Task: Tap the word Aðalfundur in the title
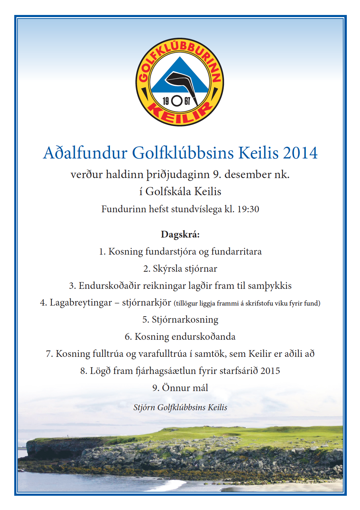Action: tap(85, 153)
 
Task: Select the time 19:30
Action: tap(248, 209)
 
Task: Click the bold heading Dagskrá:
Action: tap(180, 234)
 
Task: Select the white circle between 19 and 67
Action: tap(177, 101)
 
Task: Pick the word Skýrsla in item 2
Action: tap(167, 269)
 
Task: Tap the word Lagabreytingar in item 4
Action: tap(81, 303)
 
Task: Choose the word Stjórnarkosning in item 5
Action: tap(185, 319)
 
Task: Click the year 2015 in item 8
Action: tap(270, 371)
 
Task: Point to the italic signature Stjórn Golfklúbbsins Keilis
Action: tap(180, 407)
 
